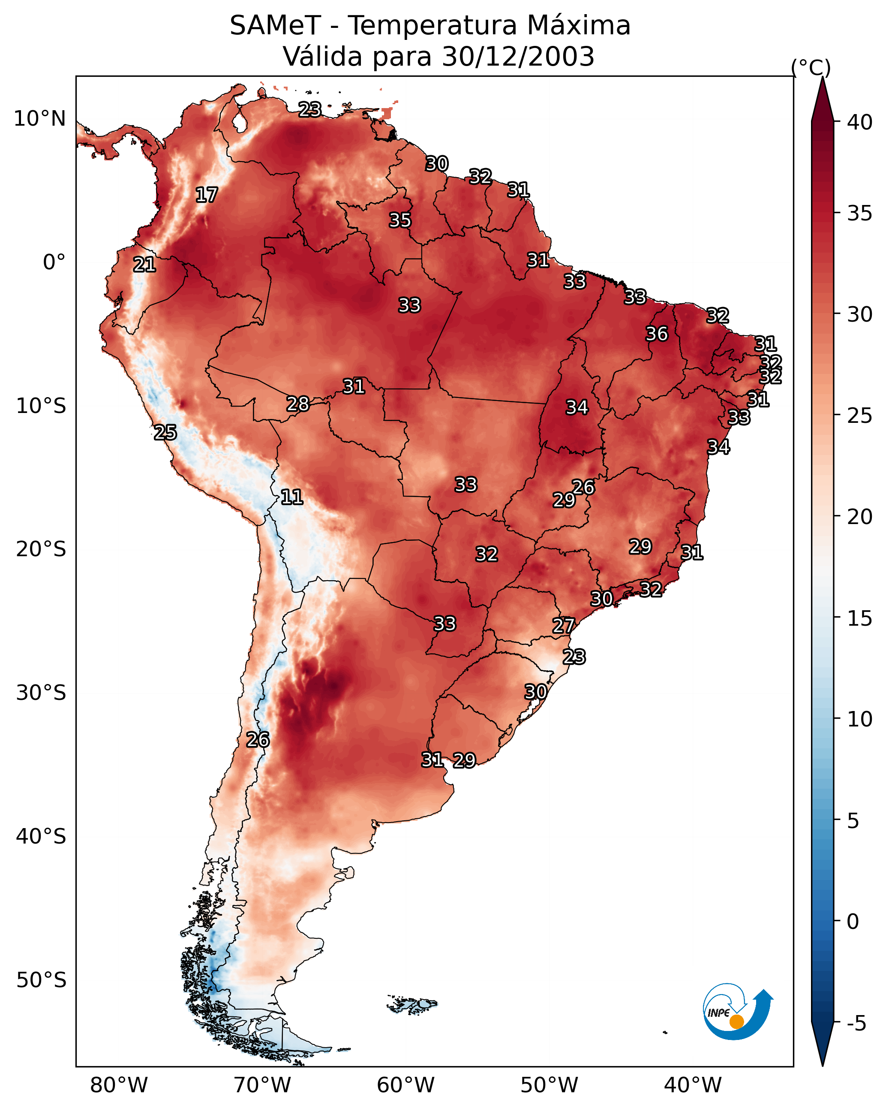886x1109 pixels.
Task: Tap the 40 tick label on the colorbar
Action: coord(859,122)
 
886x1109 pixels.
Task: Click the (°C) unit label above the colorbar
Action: coord(811,67)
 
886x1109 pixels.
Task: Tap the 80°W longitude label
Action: coord(119,1085)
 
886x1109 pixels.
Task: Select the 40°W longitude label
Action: coord(693,1085)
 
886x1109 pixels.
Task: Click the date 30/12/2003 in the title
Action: coord(518,56)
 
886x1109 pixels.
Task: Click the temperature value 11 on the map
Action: coord(291,497)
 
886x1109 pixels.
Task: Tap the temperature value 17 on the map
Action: coord(207,195)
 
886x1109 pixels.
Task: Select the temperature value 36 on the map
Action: coord(657,334)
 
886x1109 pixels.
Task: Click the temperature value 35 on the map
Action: coord(400,220)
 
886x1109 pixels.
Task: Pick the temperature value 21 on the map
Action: coord(144,265)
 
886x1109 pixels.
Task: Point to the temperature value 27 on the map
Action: coord(564,626)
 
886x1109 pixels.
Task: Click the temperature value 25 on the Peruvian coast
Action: coord(165,433)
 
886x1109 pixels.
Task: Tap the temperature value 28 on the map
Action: coord(298,404)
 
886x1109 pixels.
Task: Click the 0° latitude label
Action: coord(54,262)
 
